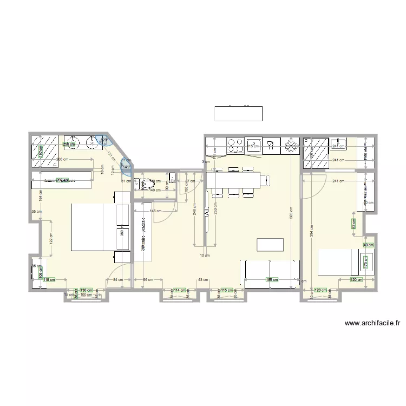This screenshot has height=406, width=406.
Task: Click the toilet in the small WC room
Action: pos(144,185)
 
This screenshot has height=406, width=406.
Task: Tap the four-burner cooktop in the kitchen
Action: pos(235,146)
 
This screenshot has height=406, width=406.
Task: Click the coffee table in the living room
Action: pos(270,245)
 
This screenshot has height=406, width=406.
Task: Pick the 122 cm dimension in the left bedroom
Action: pos(51,238)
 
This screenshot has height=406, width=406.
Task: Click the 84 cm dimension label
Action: pos(117,280)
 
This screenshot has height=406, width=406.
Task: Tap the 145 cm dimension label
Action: pos(155,211)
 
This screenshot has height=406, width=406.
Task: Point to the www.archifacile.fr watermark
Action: pos(372,324)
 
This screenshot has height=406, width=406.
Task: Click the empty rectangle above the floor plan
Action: pos(239,113)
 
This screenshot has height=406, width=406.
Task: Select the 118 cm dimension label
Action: pos(49,280)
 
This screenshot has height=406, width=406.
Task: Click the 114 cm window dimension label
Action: pos(179,290)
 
